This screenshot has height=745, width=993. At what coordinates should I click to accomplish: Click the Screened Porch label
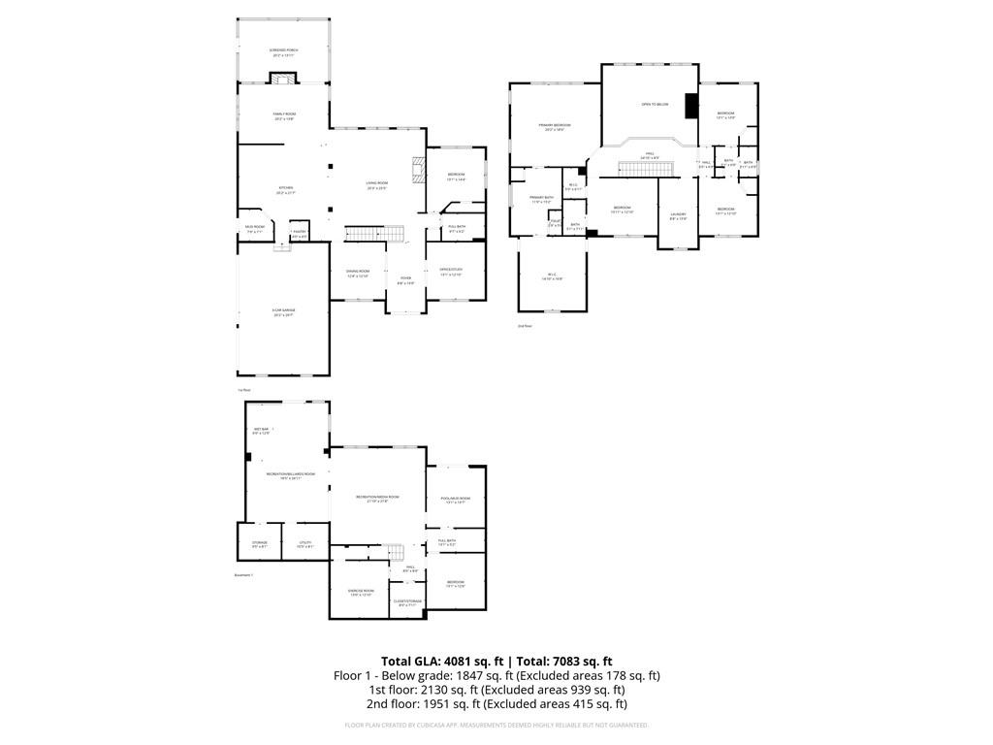coord(285,50)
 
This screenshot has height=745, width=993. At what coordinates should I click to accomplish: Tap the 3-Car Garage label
coord(283,311)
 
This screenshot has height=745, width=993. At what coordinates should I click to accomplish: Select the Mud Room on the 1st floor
coord(255,228)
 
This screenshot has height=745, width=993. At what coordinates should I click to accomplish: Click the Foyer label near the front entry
coord(405,279)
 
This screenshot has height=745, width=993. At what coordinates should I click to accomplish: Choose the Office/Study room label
coord(451,271)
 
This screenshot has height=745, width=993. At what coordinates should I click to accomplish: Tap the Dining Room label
coord(359,273)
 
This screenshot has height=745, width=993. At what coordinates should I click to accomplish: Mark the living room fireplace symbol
coord(419,170)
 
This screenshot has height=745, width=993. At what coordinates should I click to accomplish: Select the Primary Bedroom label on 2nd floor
coord(555,126)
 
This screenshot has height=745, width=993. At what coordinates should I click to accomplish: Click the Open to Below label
coord(655,104)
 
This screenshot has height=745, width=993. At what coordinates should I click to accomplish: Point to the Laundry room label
coord(678,215)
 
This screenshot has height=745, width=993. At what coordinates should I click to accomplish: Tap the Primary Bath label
coord(540,199)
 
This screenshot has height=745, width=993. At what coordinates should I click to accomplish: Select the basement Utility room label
coord(304,544)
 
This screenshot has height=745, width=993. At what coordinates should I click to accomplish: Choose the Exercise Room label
coord(361,592)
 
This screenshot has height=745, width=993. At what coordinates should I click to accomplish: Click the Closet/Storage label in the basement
coord(408,602)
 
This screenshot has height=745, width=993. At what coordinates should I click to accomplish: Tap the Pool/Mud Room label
coord(455,500)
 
